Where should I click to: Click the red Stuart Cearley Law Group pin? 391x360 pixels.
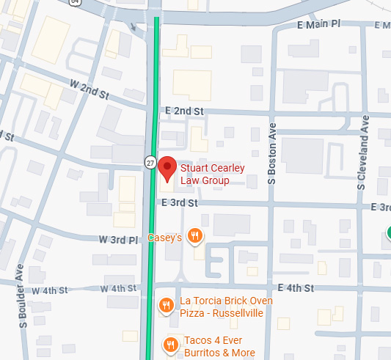coord(168,168)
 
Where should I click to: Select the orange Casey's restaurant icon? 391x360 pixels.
coord(194,235)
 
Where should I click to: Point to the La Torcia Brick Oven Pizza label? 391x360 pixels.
coord(226,307)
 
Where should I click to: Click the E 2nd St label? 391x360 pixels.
coord(183,111)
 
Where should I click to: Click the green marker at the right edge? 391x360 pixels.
coord(387,234)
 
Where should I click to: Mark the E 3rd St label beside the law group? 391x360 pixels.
coord(180,202)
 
